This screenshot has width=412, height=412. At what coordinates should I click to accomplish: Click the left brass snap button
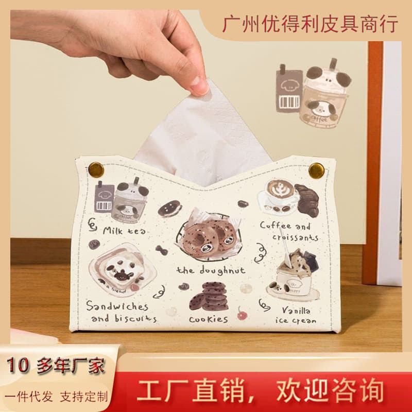(x=96, y=169)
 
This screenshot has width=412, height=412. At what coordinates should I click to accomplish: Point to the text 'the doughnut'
(x=211, y=270)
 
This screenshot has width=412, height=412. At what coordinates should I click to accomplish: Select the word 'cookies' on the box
(x=208, y=319)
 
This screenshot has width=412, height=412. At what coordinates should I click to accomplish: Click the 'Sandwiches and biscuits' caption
(x=122, y=312)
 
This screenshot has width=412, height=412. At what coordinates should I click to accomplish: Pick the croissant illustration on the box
(x=307, y=200)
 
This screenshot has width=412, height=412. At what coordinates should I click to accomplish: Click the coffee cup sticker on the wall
(x=324, y=97)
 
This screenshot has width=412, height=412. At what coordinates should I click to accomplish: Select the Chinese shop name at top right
(x=310, y=24)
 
